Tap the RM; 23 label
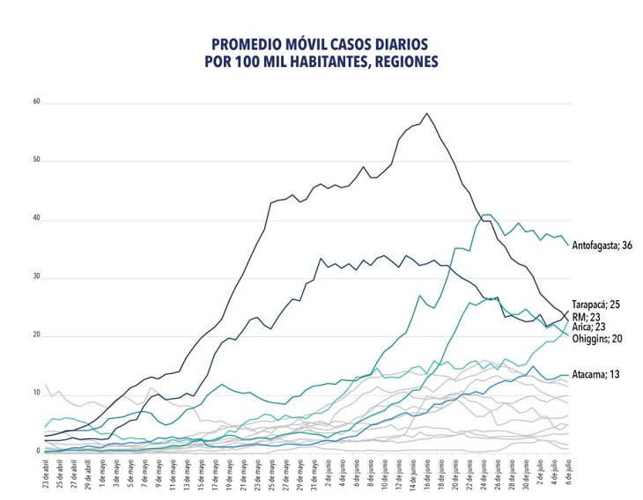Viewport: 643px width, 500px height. point(588,315)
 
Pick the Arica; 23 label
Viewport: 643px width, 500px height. point(591,327)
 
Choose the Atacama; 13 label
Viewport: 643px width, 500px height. point(596,374)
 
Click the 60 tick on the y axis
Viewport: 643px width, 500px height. point(37,102)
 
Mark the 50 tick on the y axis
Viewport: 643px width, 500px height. point(37,161)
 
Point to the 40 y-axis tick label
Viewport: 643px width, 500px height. point(37,219)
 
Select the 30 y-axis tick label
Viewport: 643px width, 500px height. point(37,278)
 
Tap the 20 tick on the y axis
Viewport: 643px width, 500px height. point(37,335)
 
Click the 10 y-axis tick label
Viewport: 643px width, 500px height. point(37,393)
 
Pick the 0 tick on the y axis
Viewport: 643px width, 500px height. point(39,451)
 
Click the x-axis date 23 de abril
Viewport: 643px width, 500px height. point(45,475)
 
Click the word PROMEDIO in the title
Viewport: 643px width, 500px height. point(249,44)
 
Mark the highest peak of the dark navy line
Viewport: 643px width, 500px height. point(427,113)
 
